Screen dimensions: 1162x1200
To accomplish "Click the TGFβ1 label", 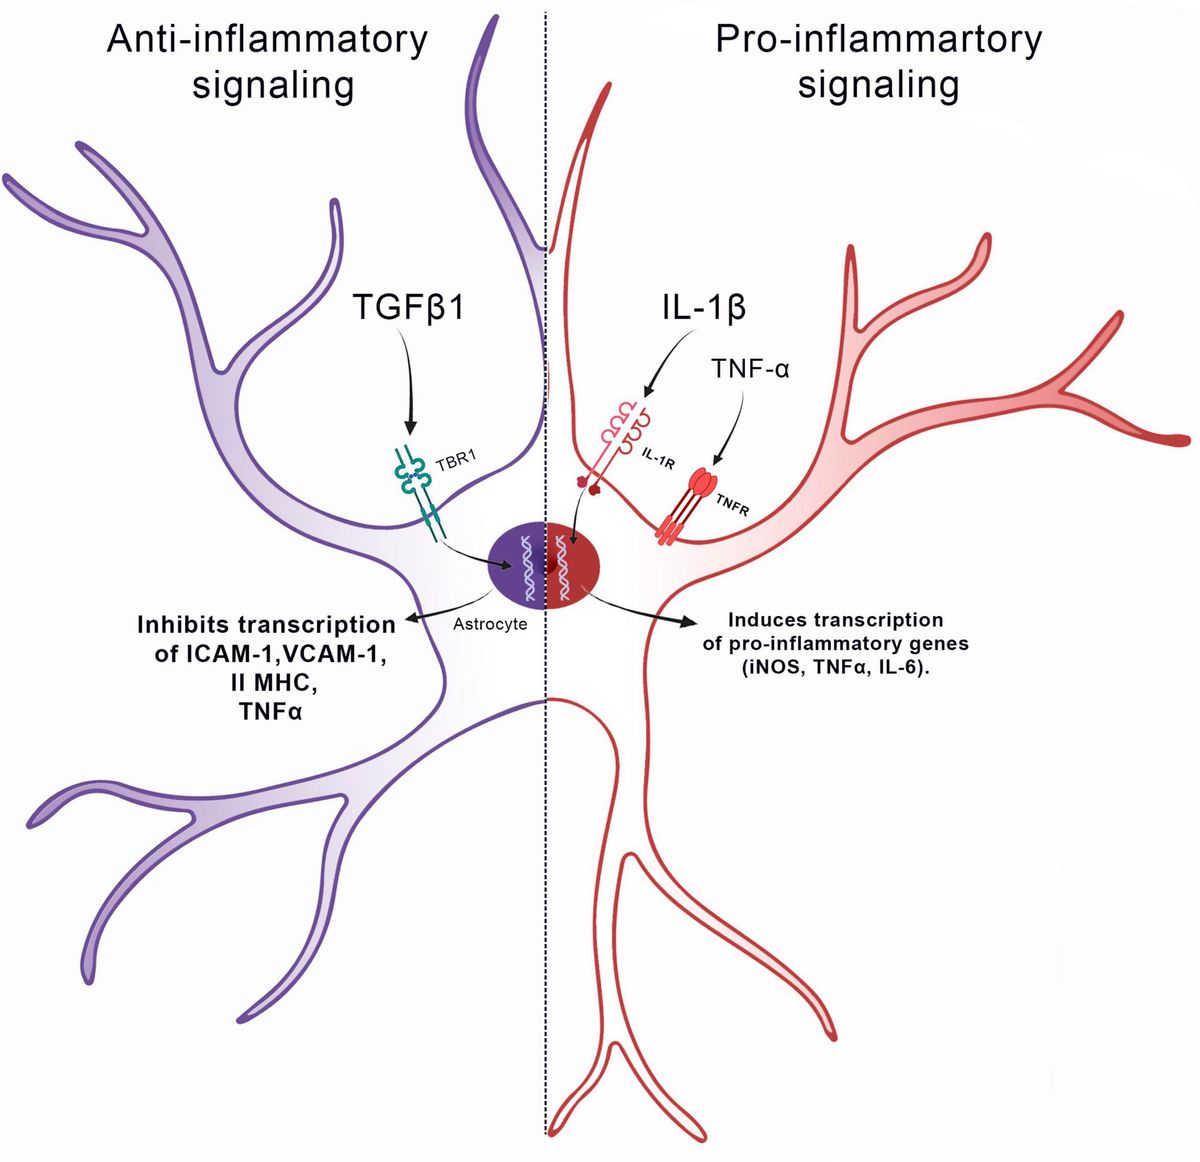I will click(408, 306).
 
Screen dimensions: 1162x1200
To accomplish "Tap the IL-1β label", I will click(703, 306).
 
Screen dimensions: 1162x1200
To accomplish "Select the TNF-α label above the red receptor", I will click(750, 368).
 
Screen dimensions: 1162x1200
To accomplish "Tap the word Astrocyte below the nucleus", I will click(490, 624).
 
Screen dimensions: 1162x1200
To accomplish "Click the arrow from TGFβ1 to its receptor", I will click(406, 385).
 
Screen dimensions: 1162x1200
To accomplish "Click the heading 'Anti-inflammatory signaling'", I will click(268, 62).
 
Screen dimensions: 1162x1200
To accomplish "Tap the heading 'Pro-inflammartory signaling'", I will click(878, 62).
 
